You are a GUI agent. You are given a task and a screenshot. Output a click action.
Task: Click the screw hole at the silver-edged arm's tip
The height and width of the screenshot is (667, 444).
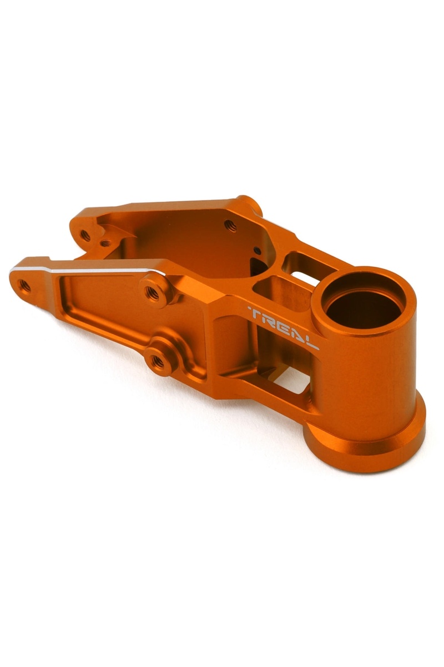tap(24, 286)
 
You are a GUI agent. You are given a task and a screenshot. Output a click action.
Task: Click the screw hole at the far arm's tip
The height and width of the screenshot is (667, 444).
tap(85, 235)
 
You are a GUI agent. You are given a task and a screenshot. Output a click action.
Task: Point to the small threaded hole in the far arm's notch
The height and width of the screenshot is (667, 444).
tap(105, 243)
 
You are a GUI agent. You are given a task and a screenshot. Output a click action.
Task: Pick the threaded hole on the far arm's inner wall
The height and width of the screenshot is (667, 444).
tap(230, 226)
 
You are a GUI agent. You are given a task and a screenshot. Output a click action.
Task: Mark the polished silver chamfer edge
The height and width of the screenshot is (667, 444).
tap(89, 271)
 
